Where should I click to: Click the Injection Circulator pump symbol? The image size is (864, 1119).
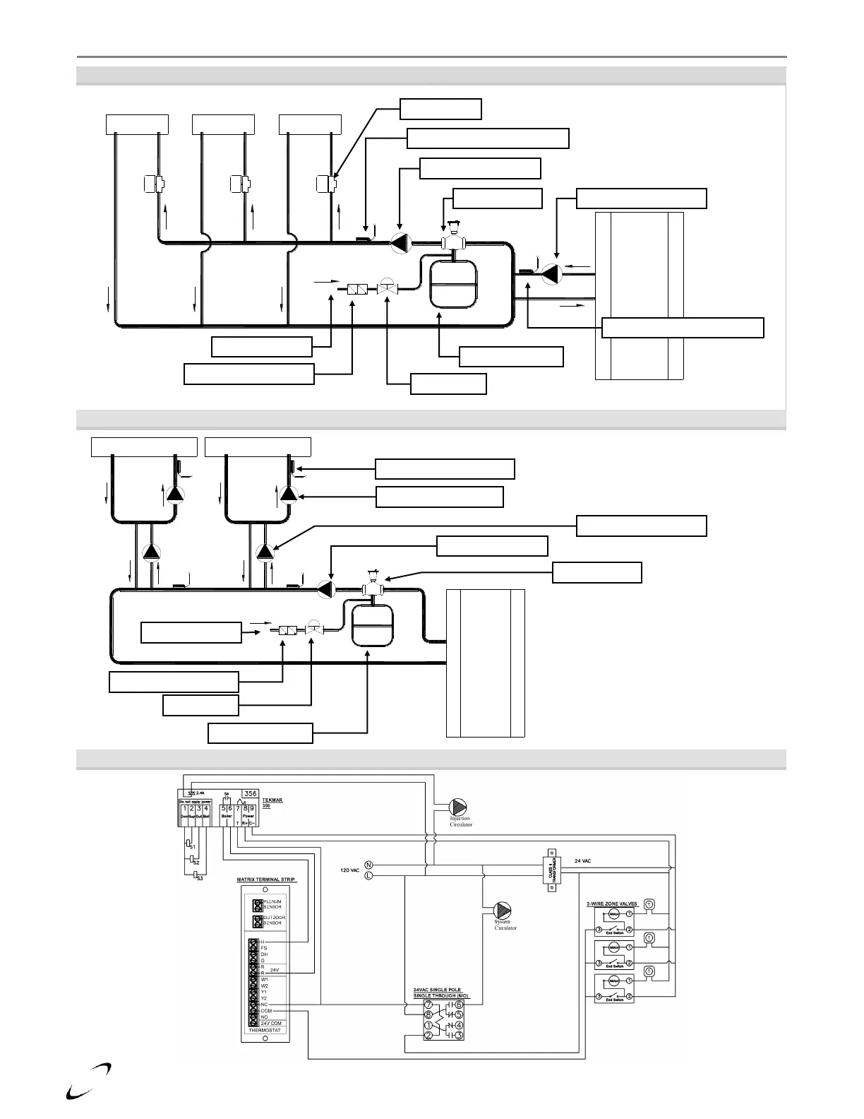[x=459, y=807]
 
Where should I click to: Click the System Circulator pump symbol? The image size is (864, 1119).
[x=503, y=911]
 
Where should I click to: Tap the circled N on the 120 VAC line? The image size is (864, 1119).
[x=368, y=865]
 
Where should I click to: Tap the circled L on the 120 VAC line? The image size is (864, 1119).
[x=368, y=876]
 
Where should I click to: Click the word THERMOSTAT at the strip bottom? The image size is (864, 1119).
[x=265, y=1031]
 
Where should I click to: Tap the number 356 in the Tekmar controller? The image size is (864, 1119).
[x=250, y=793]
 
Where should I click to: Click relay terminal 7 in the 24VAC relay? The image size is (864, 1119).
[x=428, y=1005]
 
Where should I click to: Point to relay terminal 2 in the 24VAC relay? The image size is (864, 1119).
[x=428, y=1036]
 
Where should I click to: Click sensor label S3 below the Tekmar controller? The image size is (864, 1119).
[x=200, y=878]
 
